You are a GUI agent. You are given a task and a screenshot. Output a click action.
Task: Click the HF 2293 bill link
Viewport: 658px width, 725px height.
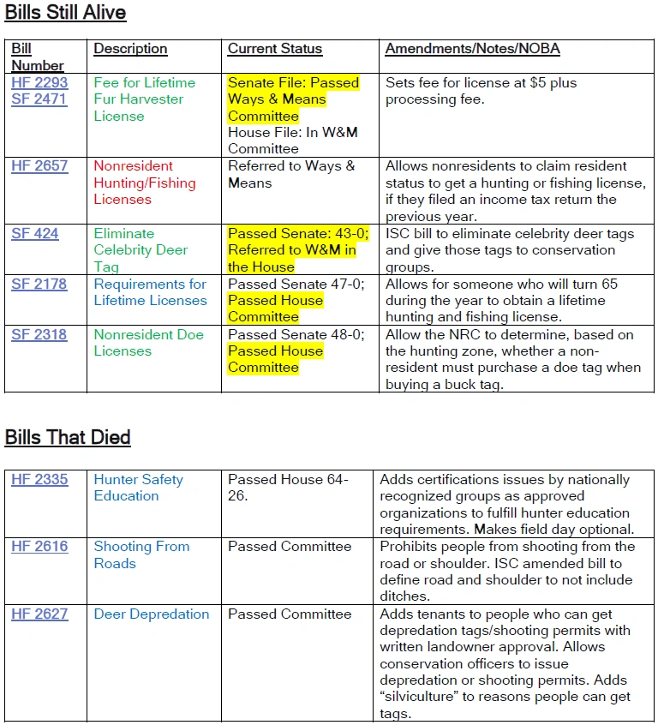[39, 83]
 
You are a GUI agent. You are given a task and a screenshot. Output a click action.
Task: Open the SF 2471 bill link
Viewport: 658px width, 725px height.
[39, 99]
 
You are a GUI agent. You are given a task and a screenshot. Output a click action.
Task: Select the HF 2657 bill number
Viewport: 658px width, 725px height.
[39, 166]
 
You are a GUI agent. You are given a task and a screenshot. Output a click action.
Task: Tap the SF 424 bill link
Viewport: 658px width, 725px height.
[35, 233]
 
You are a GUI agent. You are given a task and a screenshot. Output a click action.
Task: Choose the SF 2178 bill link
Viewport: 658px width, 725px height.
[39, 284]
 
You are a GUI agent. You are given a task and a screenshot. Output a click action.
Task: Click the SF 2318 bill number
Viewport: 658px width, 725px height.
[39, 334]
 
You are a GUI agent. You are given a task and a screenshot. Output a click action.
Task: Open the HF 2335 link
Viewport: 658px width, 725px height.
[39, 480]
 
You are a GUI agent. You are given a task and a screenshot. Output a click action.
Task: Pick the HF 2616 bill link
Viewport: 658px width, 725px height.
[39, 547]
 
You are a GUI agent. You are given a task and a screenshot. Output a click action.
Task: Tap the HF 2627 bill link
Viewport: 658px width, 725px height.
[39, 614]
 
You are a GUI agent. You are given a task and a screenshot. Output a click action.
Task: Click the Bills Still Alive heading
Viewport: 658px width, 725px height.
[65, 13]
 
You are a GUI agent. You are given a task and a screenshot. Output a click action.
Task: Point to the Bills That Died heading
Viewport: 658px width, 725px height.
[68, 437]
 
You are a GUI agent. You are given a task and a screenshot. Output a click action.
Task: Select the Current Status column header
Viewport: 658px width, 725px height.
[275, 49]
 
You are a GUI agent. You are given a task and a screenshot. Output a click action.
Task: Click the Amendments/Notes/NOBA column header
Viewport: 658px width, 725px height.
[472, 49]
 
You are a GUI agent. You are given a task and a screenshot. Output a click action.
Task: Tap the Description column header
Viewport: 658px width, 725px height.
[130, 49]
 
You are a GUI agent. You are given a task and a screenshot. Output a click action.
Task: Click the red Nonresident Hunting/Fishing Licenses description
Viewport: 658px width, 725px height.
[145, 183]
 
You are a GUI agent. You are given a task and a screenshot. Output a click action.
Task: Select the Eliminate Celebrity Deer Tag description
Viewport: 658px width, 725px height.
[141, 249]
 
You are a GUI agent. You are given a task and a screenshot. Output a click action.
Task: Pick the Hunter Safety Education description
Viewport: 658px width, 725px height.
[138, 488]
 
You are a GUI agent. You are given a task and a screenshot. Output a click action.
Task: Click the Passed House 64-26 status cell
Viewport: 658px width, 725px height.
[288, 488]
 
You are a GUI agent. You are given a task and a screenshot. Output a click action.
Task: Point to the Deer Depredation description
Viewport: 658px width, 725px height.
[152, 614]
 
